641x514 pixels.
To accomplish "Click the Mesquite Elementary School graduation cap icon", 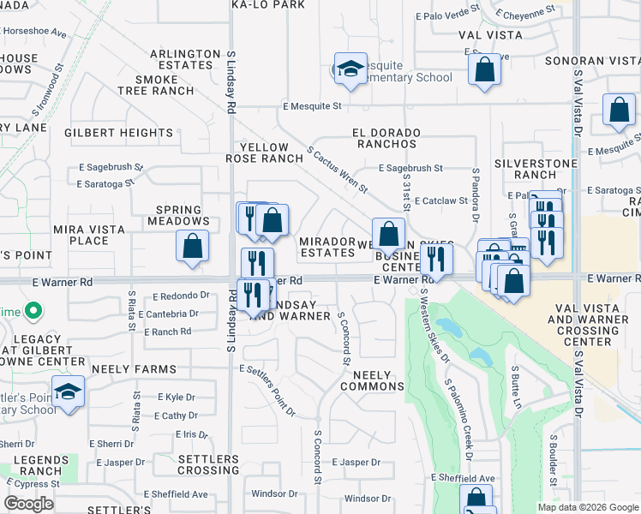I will (350, 70).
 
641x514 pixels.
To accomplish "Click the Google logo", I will (28, 504).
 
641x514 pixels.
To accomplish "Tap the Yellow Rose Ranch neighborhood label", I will (266, 152).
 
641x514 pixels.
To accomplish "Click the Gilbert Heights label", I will (118, 133).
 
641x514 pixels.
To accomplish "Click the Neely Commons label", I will (372, 380).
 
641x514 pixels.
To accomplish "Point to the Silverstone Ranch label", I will (525, 168).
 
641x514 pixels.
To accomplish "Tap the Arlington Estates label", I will (185, 59).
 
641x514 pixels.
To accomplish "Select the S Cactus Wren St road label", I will (337, 169).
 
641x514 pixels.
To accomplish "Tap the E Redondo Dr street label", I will (181, 296).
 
